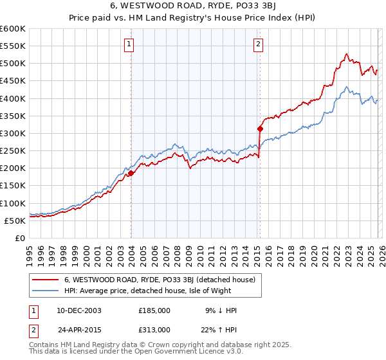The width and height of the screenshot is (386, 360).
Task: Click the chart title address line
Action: (192, 5)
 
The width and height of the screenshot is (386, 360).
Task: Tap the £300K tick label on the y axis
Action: (12, 133)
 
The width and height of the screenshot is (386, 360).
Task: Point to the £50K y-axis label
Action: (14, 221)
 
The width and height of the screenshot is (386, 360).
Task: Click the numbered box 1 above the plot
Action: (129, 44)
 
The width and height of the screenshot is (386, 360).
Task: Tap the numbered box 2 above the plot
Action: (258, 44)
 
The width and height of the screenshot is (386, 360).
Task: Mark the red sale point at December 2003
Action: (131, 173)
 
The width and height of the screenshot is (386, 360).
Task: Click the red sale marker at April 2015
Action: (260, 129)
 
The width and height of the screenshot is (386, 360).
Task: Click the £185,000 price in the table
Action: (154, 310)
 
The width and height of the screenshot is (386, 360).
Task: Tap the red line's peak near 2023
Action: (346, 54)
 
